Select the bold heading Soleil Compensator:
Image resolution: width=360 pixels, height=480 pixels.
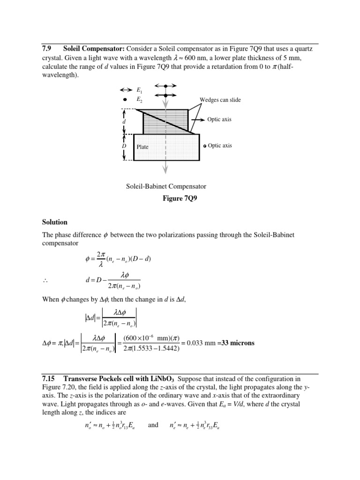pyautogui.click(x=93, y=49)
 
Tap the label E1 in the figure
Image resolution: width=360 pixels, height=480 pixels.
pyautogui.click(x=139, y=90)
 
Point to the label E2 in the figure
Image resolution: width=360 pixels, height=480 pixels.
pyautogui.click(x=139, y=99)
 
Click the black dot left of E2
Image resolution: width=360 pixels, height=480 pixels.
pyautogui.click(x=125, y=100)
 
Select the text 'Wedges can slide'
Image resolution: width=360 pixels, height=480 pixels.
pyautogui.click(x=220, y=100)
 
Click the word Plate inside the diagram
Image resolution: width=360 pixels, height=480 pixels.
pyautogui.click(x=142, y=147)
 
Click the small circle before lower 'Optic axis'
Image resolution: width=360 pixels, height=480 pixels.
pyautogui.click(x=205, y=146)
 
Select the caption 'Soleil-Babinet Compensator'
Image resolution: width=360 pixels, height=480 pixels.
pyautogui.click(x=166, y=186)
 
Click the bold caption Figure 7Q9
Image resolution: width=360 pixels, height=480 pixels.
pyautogui.click(x=180, y=198)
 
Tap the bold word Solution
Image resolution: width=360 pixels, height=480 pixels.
pyautogui.click(x=55, y=222)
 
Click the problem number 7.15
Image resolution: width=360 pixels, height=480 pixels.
pyautogui.click(x=48, y=378)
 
